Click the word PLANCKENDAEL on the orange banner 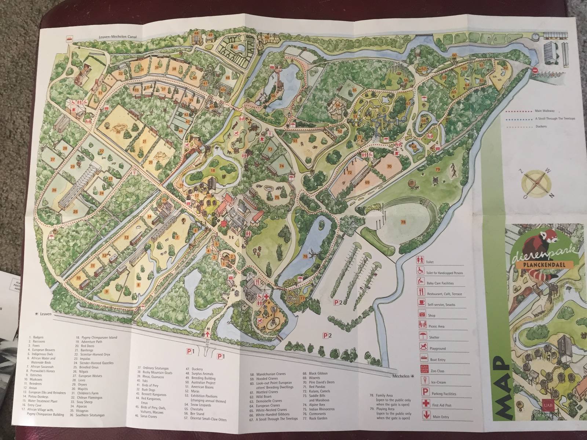537,265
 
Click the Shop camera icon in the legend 422,314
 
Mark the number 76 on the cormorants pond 305,257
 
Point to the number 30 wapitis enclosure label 118,131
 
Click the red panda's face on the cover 550,241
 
